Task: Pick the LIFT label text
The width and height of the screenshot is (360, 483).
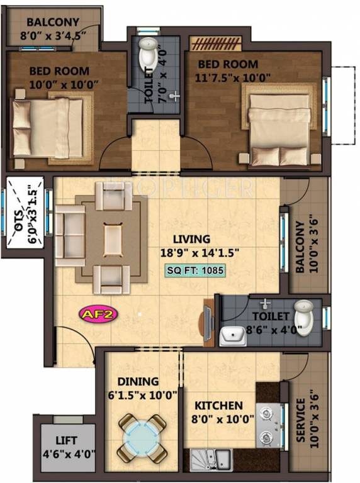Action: click(x=67, y=441)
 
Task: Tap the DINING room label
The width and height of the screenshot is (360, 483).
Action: click(x=137, y=382)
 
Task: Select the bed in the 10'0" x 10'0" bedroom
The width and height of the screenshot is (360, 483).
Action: click(x=48, y=128)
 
